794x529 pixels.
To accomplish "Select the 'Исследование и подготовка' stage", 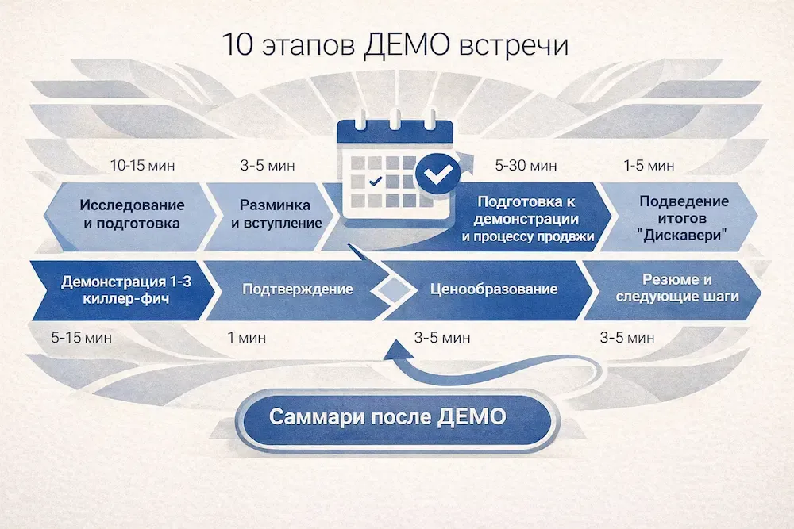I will tap(131, 214).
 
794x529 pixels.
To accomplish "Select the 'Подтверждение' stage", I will tap(298, 289).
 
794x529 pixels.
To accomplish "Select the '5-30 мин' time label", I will tap(526, 166).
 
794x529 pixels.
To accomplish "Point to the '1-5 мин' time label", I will tap(649, 166).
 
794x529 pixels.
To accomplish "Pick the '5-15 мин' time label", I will tap(82, 338).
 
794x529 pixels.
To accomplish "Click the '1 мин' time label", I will tap(252, 338).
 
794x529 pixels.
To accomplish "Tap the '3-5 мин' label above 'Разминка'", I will tap(268, 166).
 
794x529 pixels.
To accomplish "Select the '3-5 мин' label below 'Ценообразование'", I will tap(442, 338).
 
